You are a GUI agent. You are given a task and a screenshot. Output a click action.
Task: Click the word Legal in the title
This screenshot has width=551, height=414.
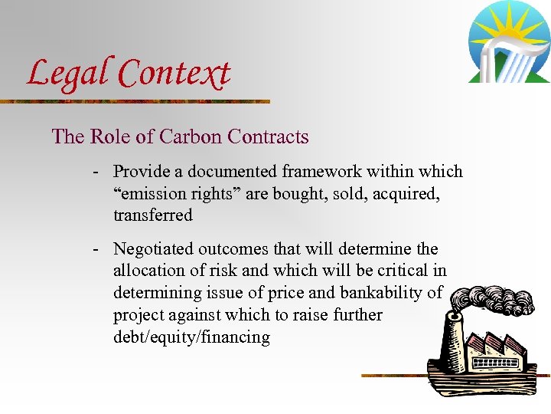(68, 74)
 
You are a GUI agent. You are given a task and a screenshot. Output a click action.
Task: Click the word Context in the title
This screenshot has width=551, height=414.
(174, 74)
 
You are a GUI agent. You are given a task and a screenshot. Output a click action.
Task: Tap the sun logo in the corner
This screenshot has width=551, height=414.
(508, 42)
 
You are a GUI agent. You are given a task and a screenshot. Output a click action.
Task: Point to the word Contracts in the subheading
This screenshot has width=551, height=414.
(269, 137)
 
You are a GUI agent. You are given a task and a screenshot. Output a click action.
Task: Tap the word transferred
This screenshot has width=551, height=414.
(153, 215)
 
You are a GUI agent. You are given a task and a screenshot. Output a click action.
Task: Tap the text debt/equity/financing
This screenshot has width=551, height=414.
(191, 337)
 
